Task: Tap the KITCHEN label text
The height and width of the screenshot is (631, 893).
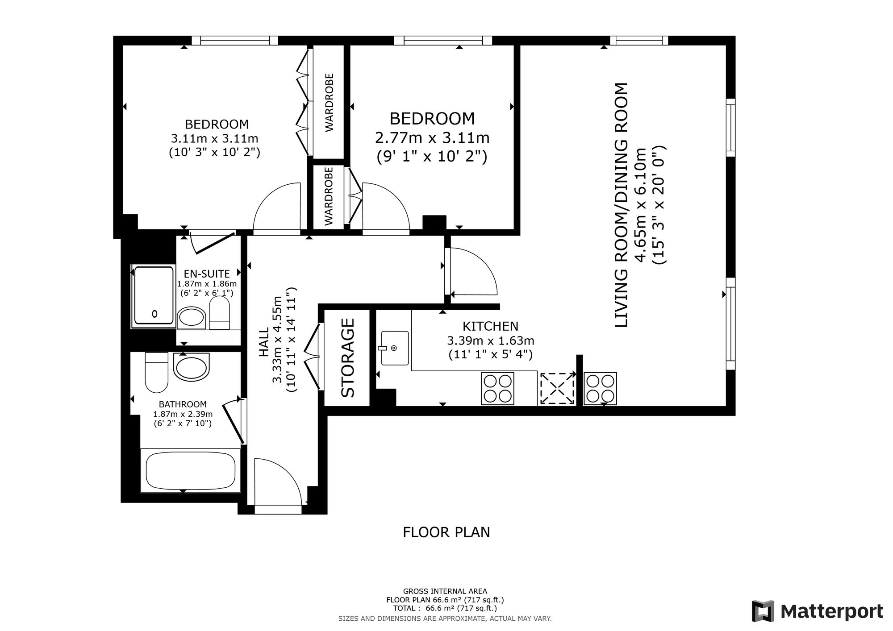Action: coord(490,326)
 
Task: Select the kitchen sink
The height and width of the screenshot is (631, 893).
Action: coord(395,348)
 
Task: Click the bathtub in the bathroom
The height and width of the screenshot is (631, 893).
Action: coord(190,470)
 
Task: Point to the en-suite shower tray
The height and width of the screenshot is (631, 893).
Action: coord(154,295)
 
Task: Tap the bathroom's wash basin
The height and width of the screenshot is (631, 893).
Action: coord(191,367)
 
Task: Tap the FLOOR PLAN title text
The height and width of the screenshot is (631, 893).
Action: coord(446,532)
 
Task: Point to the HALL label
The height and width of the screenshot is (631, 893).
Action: coord(264,342)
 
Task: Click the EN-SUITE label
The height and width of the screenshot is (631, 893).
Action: coord(207,274)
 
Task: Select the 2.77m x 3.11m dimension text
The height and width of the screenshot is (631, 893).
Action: coord(432,138)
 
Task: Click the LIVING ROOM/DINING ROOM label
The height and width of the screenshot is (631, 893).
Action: coord(622,205)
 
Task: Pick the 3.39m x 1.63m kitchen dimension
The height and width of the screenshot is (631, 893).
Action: coord(491,341)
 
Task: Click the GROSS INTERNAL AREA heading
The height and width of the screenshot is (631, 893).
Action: coord(445,592)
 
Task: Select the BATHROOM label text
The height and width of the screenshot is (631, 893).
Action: coord(183,404)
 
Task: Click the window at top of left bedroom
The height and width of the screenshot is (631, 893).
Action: coord(235,41)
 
